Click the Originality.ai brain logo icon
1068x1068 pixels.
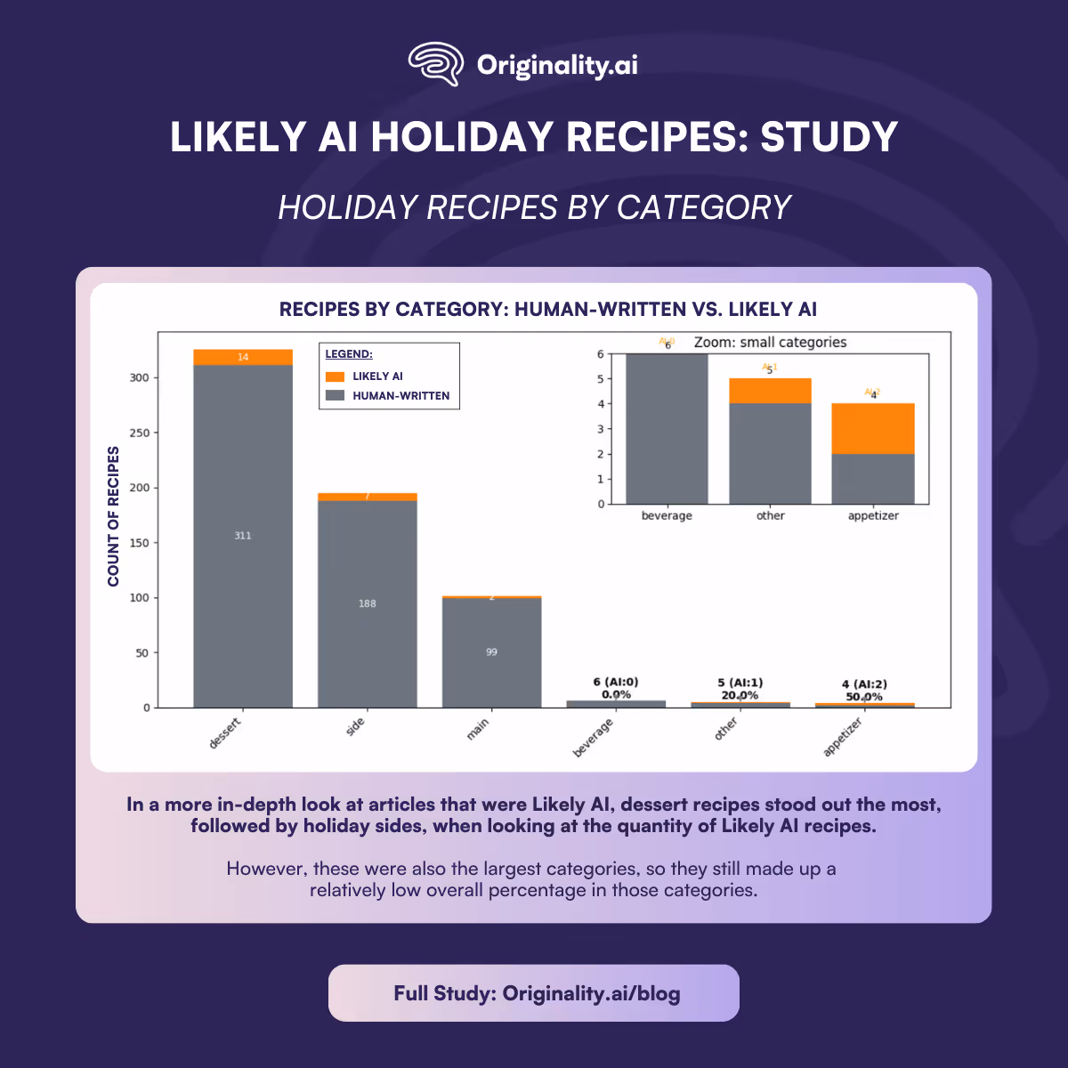[x=435, y=64]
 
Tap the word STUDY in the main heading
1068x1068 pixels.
[x=828, y=137]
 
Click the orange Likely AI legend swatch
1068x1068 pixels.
[x=336, y=376]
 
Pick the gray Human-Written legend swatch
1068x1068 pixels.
[x=336, y=395]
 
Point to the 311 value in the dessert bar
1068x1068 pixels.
[x=243, y=536]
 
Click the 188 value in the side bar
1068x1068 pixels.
[x=368, y=603]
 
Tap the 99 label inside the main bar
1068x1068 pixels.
[x=491, y=652]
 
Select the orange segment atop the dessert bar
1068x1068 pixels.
[x=243, y=357]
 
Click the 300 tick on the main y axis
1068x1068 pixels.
[x=139, y=377]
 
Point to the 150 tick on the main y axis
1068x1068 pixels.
[x=139, y=543]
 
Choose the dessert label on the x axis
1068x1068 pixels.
[x=225, y=733]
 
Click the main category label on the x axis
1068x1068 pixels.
[x=478, y=730]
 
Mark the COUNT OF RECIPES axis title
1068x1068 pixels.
[x=113, y=516]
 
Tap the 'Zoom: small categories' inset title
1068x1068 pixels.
[x=770, y=343]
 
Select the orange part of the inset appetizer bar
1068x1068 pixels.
[x=873, y=429]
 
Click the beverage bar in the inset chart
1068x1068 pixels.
[x=667, y=429]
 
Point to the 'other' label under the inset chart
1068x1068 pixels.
[x=770, y=515]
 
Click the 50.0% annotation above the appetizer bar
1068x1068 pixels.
[x=864, y=697]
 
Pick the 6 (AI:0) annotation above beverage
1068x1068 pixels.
[x=616, y=683]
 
